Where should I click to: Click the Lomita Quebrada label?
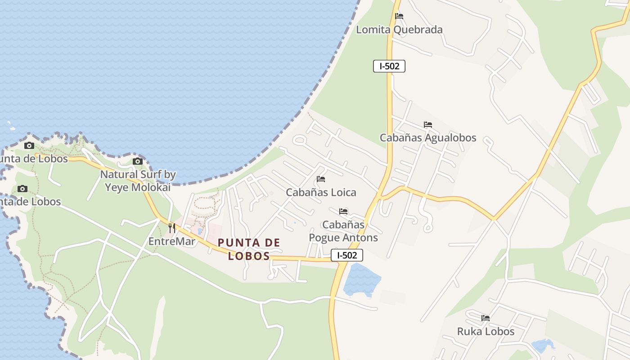click(x=399, y=30)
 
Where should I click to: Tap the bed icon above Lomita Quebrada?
click(x=399, y=16)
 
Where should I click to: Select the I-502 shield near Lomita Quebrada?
click(x=389, y=66)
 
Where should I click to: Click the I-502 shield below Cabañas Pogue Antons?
click(x=347, y=255)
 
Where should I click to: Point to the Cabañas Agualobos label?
click(x=427, y=138)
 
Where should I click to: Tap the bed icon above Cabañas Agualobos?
click(x=428, y=125)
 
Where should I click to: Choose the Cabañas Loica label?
click(x=321, y=193)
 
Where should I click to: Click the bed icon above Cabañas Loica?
click(x=321, y=179)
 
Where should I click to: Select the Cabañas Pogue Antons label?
click(x=343, y=231)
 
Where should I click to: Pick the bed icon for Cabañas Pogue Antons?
click(x=343, y=211)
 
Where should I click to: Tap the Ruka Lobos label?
click(x=486, y=332)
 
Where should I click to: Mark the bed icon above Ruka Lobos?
click(x=486, y=318)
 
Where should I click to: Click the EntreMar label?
click(x=172, y=242)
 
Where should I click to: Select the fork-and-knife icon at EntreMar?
click(x=171, y=228)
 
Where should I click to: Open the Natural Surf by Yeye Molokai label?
click(x=138, y=180)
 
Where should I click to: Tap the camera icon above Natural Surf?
click(x=138, y=162)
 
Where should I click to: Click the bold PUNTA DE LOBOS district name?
click(x=249, y=249)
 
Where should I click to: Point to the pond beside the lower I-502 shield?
click(x=361, y=280)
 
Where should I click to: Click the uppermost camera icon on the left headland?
click(x=29, y=145)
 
